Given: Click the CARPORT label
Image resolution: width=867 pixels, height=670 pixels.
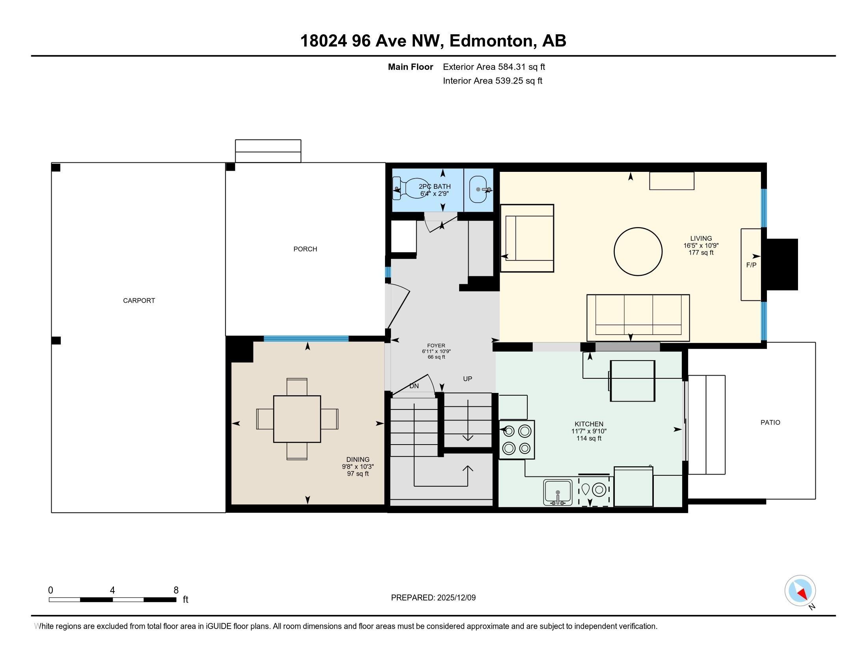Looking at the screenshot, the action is coord(139,300).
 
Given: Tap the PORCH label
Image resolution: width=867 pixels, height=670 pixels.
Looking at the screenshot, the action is coord(305,249).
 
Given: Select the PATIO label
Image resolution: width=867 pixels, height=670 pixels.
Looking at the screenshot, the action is coord(770,422).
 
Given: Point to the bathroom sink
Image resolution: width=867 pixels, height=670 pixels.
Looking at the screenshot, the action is coord(479,189).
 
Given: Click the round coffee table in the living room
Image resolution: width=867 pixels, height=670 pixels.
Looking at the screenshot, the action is coord(638,251).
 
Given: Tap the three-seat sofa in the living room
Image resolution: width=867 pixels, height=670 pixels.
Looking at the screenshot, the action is coord(638,318).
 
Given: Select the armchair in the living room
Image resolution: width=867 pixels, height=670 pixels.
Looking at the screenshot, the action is coord(527,238).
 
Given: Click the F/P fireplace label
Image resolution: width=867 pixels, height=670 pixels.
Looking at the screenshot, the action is coord(751,265).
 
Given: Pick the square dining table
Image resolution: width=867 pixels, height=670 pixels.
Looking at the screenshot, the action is coord(297,419).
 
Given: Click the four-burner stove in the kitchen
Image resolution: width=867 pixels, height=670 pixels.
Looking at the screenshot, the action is coord(517,439).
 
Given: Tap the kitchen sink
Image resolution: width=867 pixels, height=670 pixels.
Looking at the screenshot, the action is coord(558,492).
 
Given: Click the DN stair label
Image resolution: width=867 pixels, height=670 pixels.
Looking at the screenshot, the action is coord(414,386).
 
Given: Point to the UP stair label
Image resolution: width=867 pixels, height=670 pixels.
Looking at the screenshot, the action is coord(468,379).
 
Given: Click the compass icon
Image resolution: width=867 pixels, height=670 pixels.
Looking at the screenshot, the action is coord(800,590).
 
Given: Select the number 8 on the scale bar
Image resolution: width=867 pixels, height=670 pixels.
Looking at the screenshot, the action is coord(176,590).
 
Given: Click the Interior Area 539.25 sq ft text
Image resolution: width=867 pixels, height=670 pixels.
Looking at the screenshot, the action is coord(493,81).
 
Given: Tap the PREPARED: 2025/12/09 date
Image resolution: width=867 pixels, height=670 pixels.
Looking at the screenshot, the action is coord(433,597).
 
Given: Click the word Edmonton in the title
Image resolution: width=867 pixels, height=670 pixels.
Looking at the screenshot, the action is coord(491,41).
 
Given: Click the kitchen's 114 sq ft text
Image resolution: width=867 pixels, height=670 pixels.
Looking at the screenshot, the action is coord(589,438).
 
